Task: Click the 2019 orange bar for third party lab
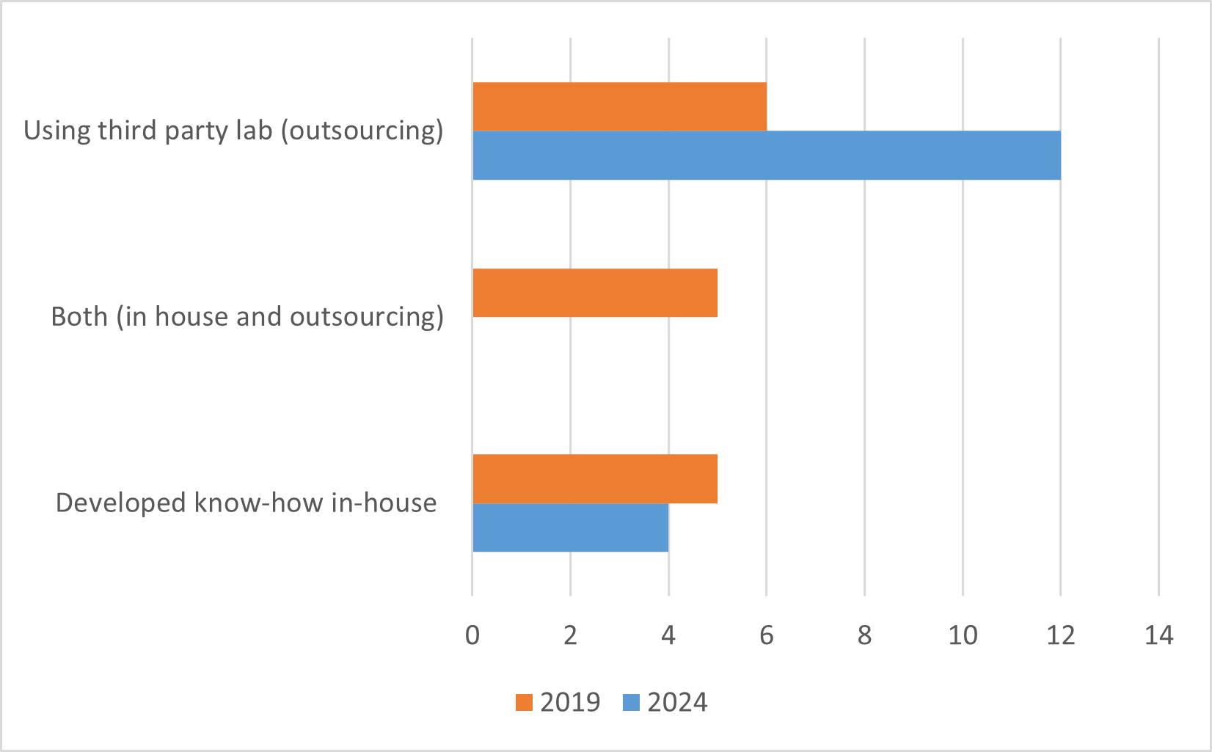[619, 106]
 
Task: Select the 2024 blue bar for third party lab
[767, 155]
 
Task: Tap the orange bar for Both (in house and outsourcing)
[595, 293]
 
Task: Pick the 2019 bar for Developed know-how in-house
[595, 478]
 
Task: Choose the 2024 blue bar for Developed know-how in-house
[571, 528]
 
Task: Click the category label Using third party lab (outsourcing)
[233, 131]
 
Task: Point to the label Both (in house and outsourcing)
[247, 317]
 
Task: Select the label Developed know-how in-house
[247, 503]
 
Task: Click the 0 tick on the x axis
[472, 635]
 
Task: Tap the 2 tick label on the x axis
[570, 635]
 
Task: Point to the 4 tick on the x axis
[668, 635]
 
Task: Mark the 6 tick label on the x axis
[767, 635]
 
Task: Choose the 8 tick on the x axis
[864, 635]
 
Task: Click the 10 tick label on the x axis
[963, 635]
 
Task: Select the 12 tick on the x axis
[1061, 635]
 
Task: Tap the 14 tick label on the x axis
[1159, 635]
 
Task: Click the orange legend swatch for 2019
[524, 703]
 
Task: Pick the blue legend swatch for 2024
[631, 703]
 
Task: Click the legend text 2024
[677, 703]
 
